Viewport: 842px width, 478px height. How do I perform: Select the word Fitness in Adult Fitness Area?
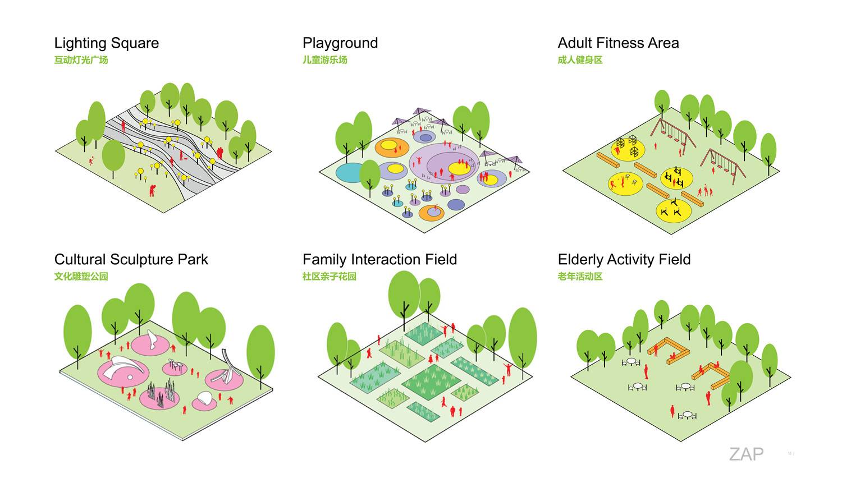(614, 43)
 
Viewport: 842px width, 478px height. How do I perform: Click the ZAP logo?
(746, 454)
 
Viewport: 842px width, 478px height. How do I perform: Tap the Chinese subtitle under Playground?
(325, 60)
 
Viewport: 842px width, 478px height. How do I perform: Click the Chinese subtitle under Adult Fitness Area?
(580, 60)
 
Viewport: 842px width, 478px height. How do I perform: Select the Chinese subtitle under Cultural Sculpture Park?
(81, 277)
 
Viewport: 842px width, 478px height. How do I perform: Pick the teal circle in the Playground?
(350, 173)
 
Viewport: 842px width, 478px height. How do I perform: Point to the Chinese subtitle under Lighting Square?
(81, 60)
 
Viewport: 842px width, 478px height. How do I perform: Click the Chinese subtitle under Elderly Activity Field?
(580, 277)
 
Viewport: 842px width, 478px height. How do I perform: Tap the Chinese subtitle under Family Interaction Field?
(330, 277)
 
